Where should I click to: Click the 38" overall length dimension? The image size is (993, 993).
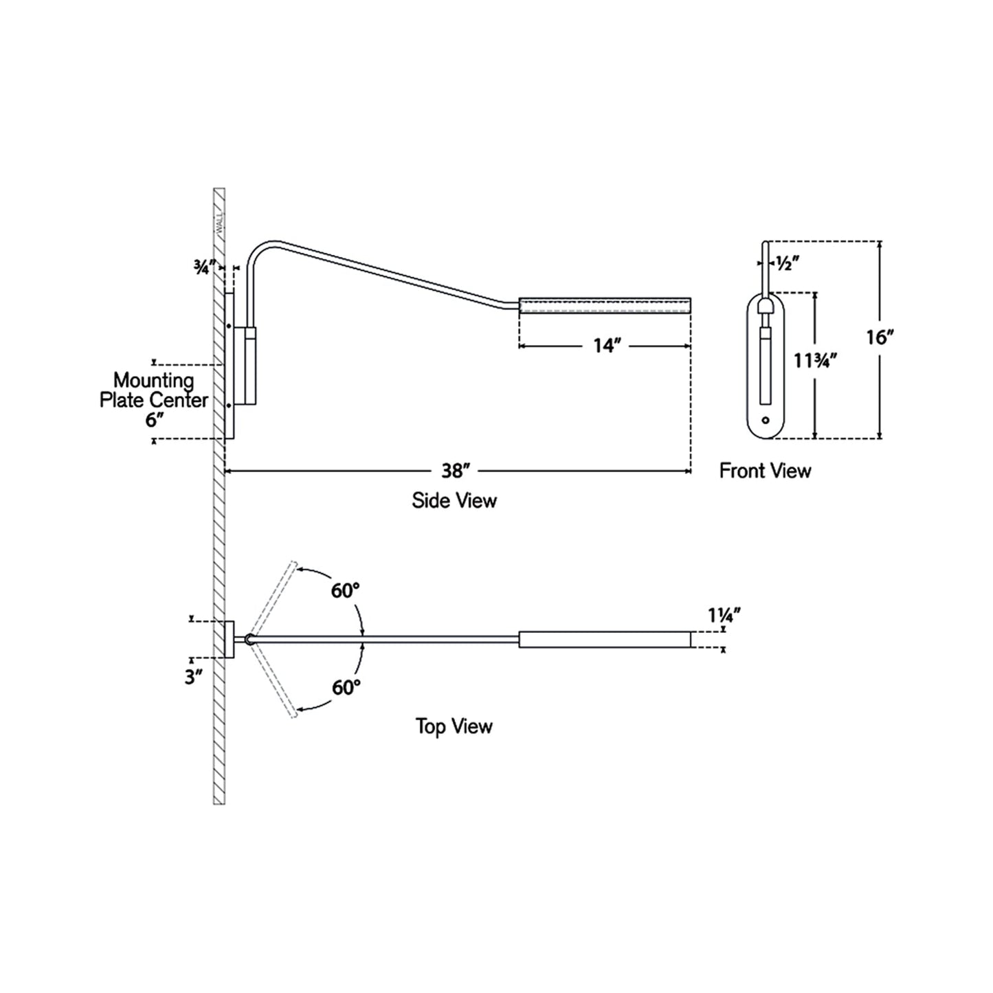[x=455, y=471]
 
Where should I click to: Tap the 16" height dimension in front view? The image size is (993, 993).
[x=879, y=337]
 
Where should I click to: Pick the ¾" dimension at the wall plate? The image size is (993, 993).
[x=205, y=268]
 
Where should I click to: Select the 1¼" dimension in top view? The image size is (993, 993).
[x=724, y=616]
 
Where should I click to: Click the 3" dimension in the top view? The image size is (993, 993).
[x=194, y=678]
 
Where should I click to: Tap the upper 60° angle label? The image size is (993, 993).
[x=346, y=590]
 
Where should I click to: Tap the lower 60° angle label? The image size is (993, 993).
[x=346, y=687]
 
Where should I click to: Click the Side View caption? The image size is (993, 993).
[x=454, y=500]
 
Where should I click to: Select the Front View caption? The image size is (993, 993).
[x=765, y=471]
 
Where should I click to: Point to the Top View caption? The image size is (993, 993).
[x=454, y=726]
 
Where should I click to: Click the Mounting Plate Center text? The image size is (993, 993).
[x=153, y=390]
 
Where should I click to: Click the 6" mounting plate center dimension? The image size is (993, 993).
[x=152, y=420]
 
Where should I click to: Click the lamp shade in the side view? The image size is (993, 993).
[x=604, y=305]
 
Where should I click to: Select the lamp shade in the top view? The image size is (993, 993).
[x=604, y=639]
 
